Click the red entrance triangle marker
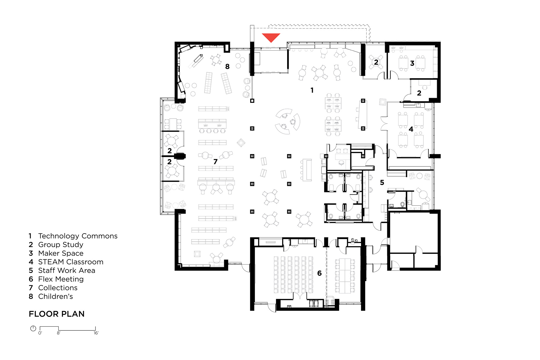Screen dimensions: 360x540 coord(271,37)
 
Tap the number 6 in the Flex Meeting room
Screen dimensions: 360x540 coord(319,273)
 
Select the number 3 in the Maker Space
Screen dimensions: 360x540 coord(412,63)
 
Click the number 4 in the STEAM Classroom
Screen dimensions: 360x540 coord(411,129)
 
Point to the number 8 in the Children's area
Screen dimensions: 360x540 coord(227,66)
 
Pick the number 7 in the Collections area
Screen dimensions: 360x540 coord(215,162)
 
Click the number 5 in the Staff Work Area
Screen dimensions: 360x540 coord(382,182)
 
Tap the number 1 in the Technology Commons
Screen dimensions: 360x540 coord(312,90)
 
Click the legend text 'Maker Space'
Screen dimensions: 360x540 coord(61,253)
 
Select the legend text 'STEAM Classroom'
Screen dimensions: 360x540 coord(71,262)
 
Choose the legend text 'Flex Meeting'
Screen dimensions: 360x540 coord(61,279)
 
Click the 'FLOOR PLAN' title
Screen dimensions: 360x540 coord(57,314)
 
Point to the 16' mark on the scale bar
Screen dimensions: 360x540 coord(96,333)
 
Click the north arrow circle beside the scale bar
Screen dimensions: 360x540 coord(33,329)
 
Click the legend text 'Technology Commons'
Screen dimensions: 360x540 coord(78,236)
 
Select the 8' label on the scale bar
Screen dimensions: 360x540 coord(59,333)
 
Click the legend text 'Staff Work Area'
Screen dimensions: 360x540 coord(67,270)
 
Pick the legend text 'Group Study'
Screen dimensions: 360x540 coord(60,245)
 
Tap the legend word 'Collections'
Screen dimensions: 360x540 coord(58,288)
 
